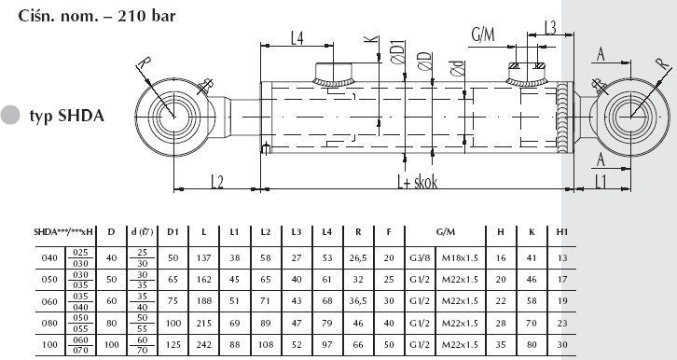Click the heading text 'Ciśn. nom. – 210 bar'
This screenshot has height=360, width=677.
[97, 16]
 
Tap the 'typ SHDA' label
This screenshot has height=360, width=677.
[67, 116]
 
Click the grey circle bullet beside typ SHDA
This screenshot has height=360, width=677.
[10, 115]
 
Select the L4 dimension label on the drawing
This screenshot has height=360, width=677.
[297, 38]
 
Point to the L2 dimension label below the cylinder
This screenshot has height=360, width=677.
[217, 182]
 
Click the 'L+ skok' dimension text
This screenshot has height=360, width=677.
[418, 182]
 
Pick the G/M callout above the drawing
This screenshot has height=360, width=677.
[483, 35]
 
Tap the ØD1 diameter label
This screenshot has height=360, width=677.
[398, 52]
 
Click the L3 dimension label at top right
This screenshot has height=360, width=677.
[550, 28]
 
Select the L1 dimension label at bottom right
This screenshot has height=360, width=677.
[601, 182]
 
